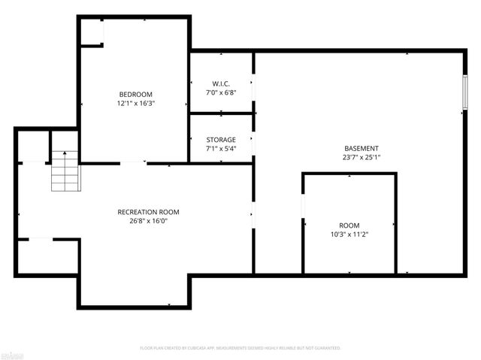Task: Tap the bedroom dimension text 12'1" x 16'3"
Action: coord(135,104)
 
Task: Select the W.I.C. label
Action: coord(221,83)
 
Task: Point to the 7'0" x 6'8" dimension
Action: coord(221,92)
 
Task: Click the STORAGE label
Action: coord(221,140)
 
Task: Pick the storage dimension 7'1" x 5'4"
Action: coord(221,149)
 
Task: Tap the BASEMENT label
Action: coord(361,149)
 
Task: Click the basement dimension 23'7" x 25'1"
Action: coord(361,158)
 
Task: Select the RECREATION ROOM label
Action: coord(148,212)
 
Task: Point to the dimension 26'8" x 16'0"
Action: coord(148,221)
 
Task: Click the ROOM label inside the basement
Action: coord(349,225)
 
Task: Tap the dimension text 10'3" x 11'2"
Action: coord(349,234)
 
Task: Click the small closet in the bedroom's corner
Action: coord(92,32)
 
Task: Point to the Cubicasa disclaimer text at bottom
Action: coord(240,348)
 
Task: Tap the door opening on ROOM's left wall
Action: coord(303,207)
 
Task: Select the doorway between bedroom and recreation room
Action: coord(134,163)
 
